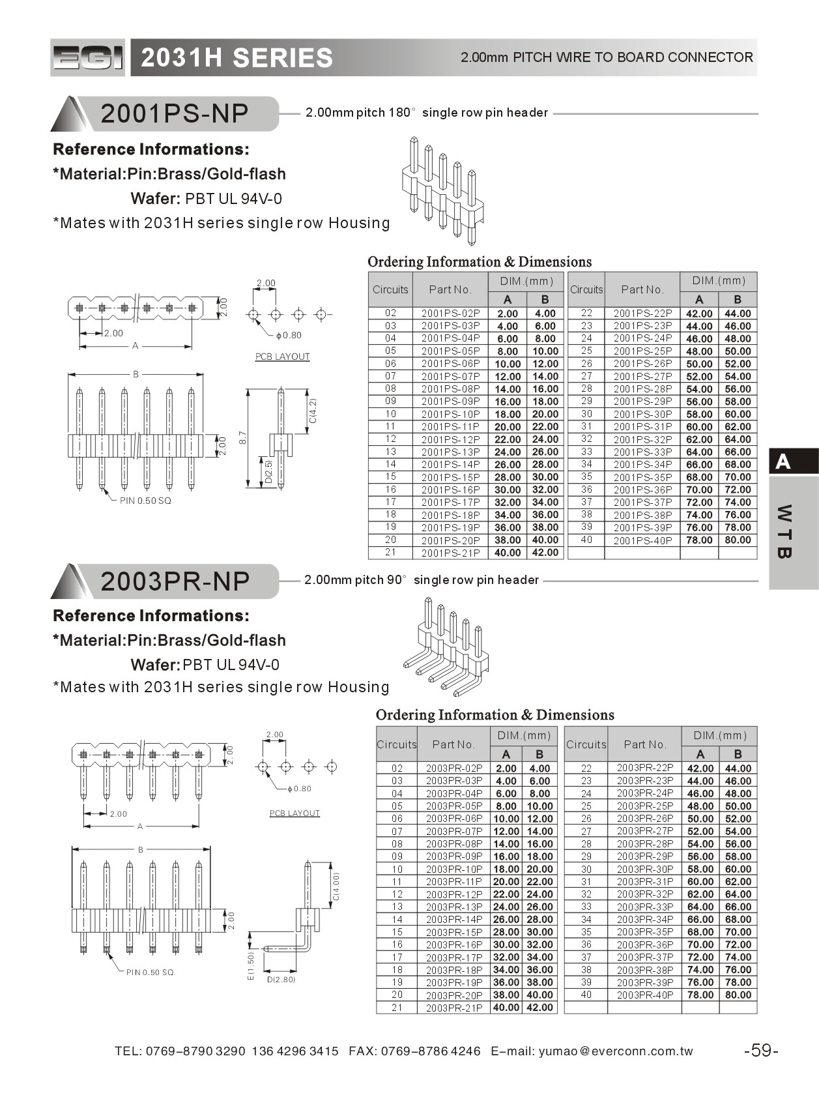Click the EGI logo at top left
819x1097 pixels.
pyautogui.click(x=87, y=58)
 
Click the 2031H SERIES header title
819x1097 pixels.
pyautogui.click(x=237, y=58)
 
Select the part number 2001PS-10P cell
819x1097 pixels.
pyautogui.click(x=450, y=414)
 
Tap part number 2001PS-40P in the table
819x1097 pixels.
pyautogui.click(x=642, y=540)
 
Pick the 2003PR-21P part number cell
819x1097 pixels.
pyautogui.click(x=454, y=1008)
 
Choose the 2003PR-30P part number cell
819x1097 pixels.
pyautogui.click(x=644, y=869)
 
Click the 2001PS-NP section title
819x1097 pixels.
pyautogui.click(x=175, y=113)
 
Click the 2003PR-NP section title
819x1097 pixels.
pyautogui.click(x=175, y=581)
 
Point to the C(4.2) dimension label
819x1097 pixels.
pyautogui.click(x=313, y=411)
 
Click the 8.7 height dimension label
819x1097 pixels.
pyautogui.click(x=242, y=437)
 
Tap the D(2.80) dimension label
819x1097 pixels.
pyautogui.click(x=281, y=980)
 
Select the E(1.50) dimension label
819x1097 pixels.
pyautogui.click(x=250, y=967)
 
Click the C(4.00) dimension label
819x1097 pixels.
pyautogui.click(x=336, y=887)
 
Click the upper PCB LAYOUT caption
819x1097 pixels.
pyautogui.click(x=282, y=357)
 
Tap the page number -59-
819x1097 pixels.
pyautogui.click(x=760, y=1051)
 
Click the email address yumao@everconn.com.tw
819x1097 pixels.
pyautogui.click(x=616, y=1051)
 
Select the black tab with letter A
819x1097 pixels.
pyautogui.click(x=793, y=461)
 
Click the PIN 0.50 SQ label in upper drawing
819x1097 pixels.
pyautogui.click(x=145, y=501)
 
